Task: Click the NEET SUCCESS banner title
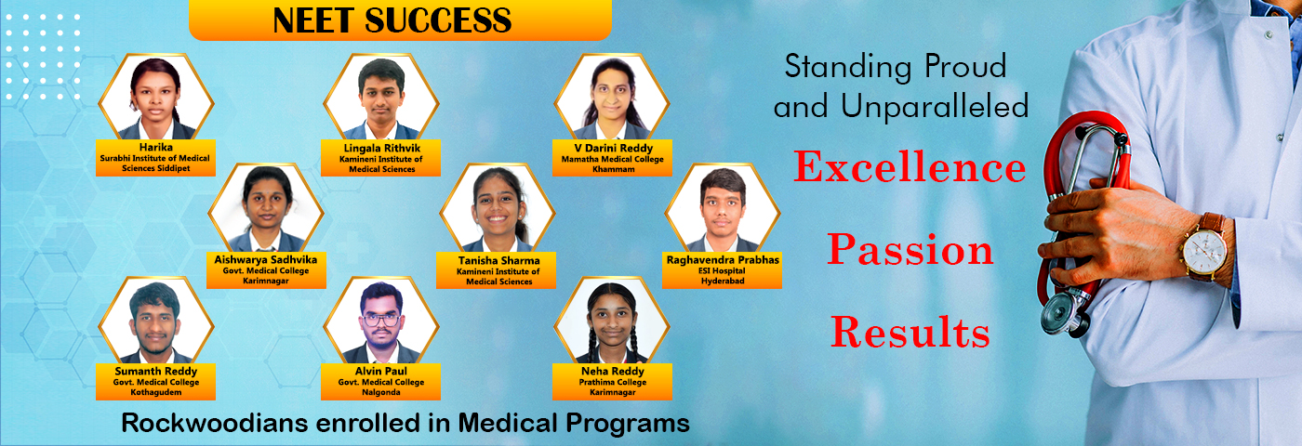point(392,20)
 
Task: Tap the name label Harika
point(156,148)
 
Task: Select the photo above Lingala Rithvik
point(381,97)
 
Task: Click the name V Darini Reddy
point(613,148)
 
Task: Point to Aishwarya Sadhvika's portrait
point(266,208)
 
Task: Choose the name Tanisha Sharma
point(498,261)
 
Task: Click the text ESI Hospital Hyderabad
point(722,276)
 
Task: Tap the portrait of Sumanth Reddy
point(156,321)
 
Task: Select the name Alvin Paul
point(381,371)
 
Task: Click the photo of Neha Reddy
point(612,321)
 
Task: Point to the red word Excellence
point(910,166)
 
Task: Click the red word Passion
point(910,250)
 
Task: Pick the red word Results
point(910,332)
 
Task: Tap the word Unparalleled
point(935,107)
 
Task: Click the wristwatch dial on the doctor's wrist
point(1204,253)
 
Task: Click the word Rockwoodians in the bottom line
point(214,423)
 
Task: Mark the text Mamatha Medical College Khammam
point(613,164)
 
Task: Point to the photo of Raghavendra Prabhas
point(723,208)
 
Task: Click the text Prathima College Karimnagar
point(613,387)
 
